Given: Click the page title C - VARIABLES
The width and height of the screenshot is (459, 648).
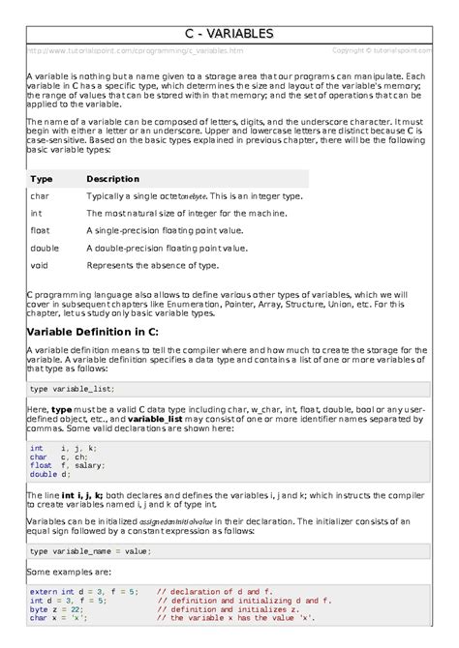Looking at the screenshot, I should tap(229, 35).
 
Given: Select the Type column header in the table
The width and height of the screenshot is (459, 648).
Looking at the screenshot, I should tap(42, 179).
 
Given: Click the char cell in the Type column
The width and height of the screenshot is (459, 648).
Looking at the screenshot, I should tap(40, 196).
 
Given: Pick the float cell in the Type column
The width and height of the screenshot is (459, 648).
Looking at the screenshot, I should tap(40, 230).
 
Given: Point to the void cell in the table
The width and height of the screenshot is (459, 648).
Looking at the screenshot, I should tap(40, 264).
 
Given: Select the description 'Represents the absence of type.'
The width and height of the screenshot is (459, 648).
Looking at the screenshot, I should tap(152, 264).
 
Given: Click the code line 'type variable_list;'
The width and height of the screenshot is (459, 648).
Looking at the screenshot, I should tap(72, 388).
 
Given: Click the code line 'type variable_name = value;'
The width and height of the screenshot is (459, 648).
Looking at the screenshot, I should tap(90, 551).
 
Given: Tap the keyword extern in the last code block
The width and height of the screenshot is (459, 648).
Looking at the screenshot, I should tap(44, 590).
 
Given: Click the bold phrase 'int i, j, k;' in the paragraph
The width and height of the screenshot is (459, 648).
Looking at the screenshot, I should tap(84, 494).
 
